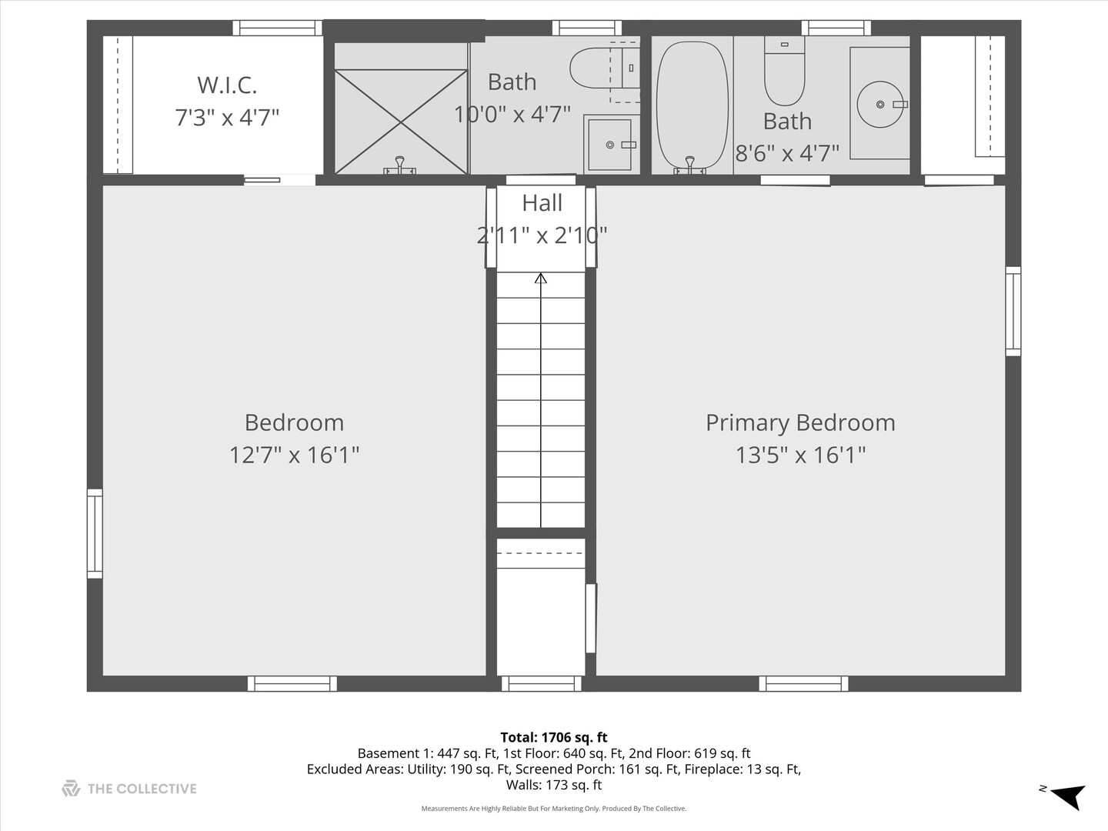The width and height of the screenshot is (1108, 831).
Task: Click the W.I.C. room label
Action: coord(227,85)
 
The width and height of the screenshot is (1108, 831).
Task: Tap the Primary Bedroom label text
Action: coord(800,422)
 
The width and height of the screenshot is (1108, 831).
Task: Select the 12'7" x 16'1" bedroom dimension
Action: coord(294,455)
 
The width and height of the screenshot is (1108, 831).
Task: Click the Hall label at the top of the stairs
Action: coord(542,203)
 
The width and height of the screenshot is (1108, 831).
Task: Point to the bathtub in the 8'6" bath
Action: coord(692,106)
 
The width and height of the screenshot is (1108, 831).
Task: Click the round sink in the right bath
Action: coord(880,105)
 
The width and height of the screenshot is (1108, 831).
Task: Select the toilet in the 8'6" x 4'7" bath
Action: coord(784,72)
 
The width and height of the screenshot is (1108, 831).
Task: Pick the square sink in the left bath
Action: coord(610,145)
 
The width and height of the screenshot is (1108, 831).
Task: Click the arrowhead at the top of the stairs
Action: coord(541,279)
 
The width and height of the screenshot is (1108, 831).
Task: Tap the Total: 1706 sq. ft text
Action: coord(554,737)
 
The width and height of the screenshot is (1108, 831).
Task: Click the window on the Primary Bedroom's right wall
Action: coord(1013,311)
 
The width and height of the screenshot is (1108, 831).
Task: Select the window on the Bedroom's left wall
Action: coord(95,533)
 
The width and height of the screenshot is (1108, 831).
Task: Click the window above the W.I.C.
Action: coord(277,28)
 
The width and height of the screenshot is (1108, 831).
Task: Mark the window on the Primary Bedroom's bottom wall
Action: coord(803,683)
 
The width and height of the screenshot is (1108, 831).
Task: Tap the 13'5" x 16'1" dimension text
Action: coord(800,455)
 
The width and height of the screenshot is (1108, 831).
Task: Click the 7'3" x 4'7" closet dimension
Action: coord(227,118)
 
